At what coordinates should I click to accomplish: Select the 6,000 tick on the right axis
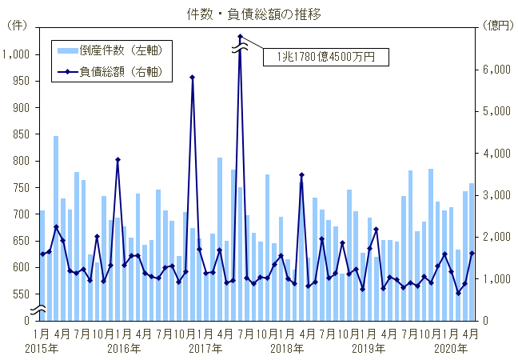(x=496, y=70)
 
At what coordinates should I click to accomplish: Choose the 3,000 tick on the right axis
(x=496, y=195)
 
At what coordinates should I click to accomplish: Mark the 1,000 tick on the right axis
(x=496, y=278)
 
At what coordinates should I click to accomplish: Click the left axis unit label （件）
(x=18, y=26)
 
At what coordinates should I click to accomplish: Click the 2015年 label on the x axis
(x=41, y=348)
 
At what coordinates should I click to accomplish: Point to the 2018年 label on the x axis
(x=287, y=348)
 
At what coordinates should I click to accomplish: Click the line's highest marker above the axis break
(x=240, y=36)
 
